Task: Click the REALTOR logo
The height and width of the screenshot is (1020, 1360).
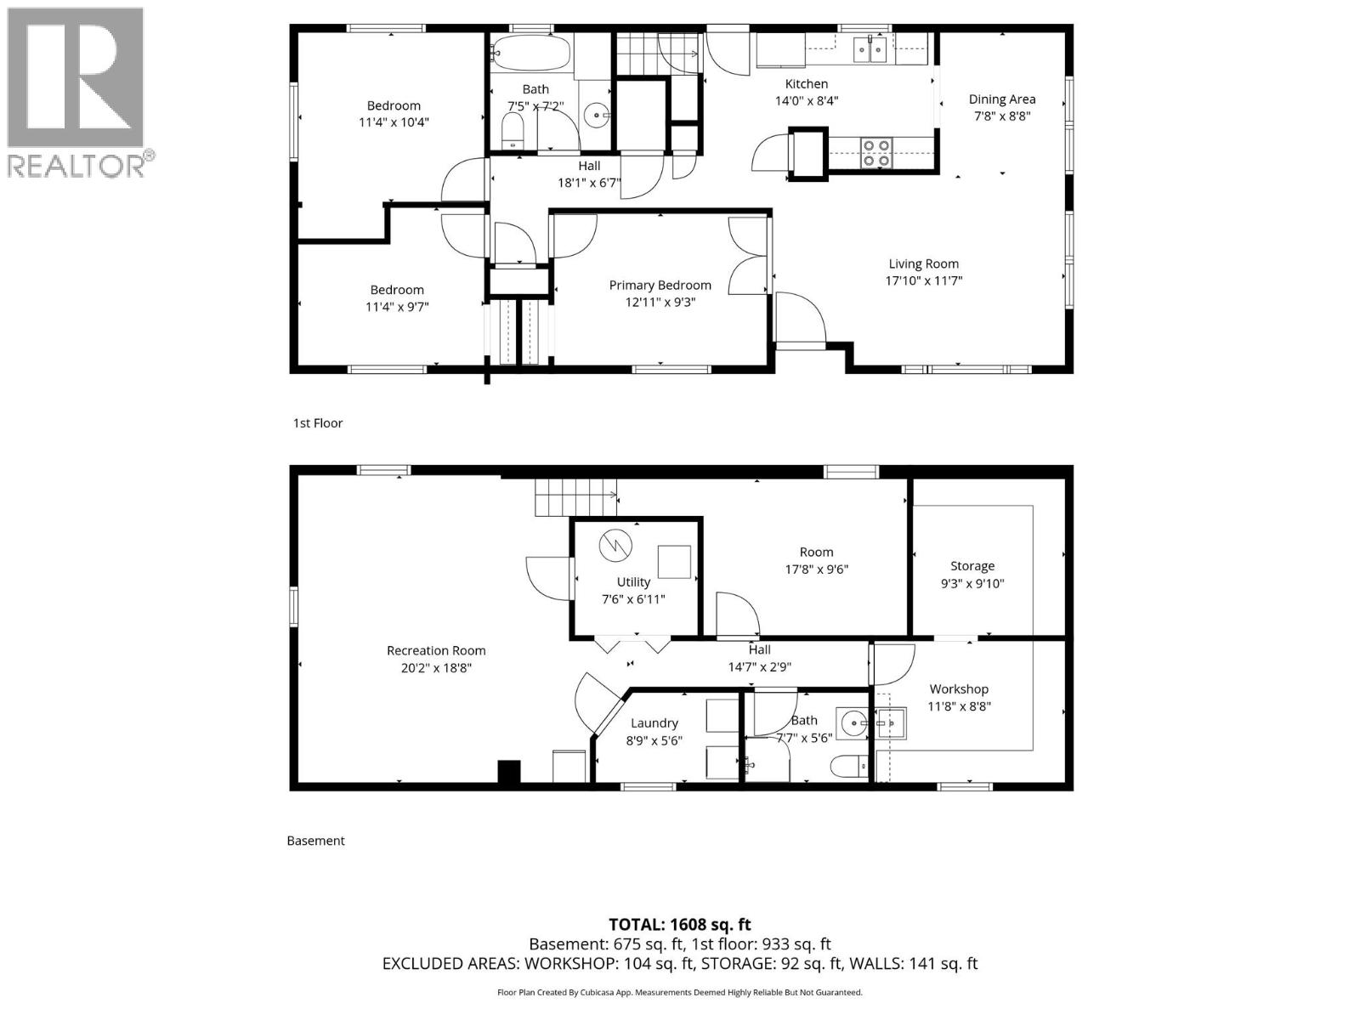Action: click(76, 91)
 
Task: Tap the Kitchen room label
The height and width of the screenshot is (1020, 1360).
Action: click(806, 84)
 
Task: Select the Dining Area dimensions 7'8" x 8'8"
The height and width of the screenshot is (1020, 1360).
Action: click(1002, 116)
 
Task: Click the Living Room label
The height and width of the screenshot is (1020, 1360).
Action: click(923, 264)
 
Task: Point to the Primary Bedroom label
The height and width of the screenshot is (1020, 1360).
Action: click(660, 286)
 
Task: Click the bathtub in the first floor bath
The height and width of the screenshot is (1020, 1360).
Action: click(533, 53)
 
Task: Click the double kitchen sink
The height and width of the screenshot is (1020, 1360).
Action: click(871, 50)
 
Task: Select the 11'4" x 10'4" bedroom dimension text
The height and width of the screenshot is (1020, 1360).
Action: click(394, 122)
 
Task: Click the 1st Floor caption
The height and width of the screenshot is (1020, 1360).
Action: click(318, 423)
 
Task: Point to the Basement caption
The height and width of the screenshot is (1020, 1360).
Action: click(315, 841)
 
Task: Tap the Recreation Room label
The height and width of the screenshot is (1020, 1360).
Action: click(436, 651)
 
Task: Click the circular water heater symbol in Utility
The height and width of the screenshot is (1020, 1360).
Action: click(615, 546)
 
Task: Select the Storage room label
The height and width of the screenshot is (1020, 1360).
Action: click(972, 566)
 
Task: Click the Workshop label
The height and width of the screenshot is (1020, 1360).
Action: click(959, 689)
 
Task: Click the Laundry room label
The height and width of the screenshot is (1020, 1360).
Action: click(654, 723)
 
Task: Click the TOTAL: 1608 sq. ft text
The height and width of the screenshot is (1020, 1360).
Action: click(679, 925)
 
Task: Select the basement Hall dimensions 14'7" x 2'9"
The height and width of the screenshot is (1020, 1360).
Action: click(760, 668)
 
